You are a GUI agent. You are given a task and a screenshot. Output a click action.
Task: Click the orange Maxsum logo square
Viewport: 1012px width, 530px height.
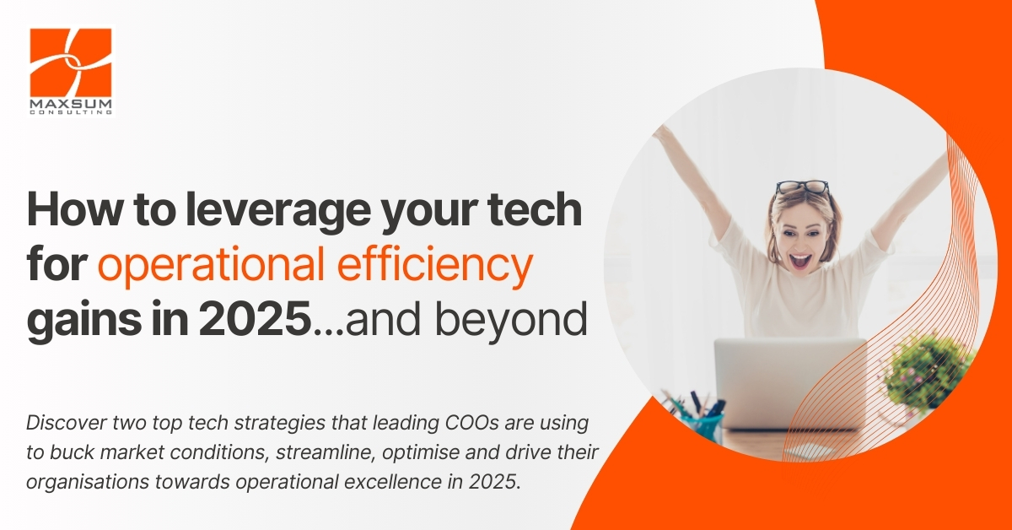71,62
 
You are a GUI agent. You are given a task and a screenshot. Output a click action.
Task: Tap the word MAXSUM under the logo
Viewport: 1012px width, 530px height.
71,105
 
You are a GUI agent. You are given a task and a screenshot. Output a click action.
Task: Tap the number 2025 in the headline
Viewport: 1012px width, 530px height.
256,318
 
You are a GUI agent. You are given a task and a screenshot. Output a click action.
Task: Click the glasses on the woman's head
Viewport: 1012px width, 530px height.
802,187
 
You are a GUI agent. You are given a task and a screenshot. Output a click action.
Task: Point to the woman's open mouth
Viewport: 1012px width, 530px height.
800,261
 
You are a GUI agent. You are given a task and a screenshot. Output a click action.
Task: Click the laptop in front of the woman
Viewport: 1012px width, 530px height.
789,383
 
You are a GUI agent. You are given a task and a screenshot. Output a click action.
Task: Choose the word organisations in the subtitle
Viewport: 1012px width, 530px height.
88,483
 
